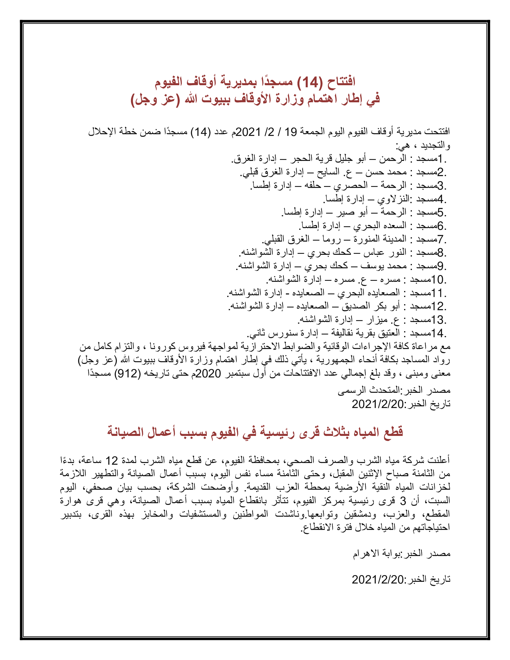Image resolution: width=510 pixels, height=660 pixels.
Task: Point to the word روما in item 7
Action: pyautogui.click(x=331, y=239)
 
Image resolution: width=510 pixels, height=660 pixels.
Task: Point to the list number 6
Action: pyautogui.click(x=440, y=226)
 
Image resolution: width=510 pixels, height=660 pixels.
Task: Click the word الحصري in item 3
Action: pyautogui.click(x=350, y=185)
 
